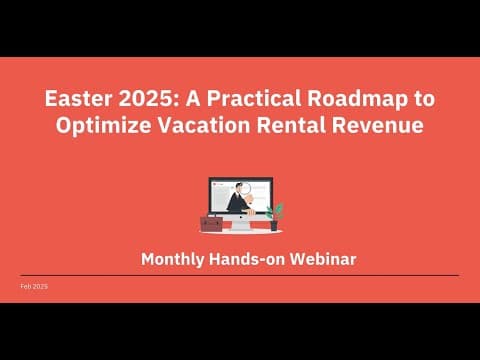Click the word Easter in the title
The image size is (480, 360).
coord(74,100)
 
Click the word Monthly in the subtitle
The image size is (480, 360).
coord(173,259)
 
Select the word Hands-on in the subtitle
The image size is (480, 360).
coord(249,259)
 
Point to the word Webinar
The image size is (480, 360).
coord(323,259)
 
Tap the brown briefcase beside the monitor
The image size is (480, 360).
coord(212,222)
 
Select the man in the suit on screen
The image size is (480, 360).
coord(237,200)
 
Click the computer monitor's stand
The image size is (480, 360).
coord(240,224)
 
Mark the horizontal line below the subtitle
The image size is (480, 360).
coord(240,275)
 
